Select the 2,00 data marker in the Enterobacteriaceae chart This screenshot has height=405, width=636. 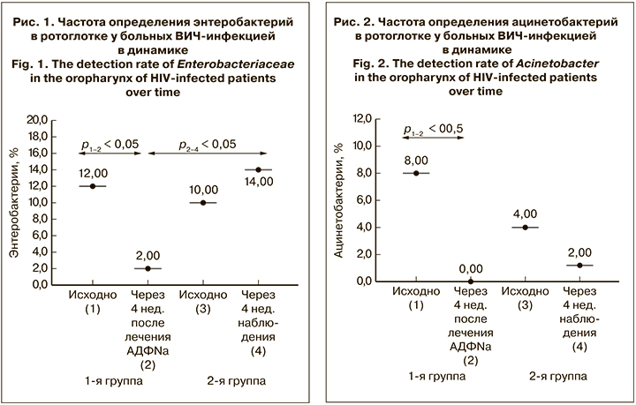point(147,268)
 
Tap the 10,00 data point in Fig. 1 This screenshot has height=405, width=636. point(203,202)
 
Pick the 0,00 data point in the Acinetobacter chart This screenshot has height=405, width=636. point(470,281)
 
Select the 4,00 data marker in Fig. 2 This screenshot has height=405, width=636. point(526,227)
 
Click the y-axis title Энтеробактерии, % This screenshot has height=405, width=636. point(14,202)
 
